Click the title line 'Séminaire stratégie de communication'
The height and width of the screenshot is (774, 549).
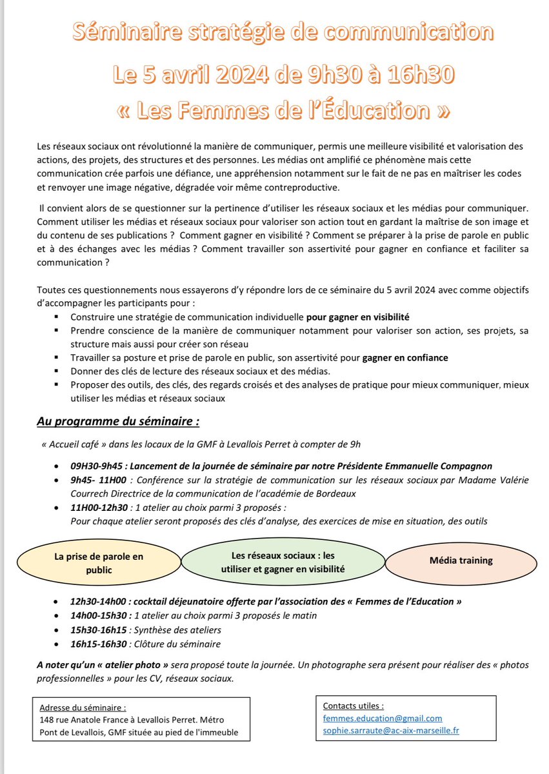274,31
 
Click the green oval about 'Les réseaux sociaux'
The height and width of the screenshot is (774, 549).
283,562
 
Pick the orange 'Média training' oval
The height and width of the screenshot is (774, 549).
461,560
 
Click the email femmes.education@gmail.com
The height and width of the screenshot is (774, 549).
383,718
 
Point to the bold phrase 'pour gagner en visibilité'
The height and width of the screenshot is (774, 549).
357,317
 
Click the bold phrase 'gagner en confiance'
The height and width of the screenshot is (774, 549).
405,357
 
